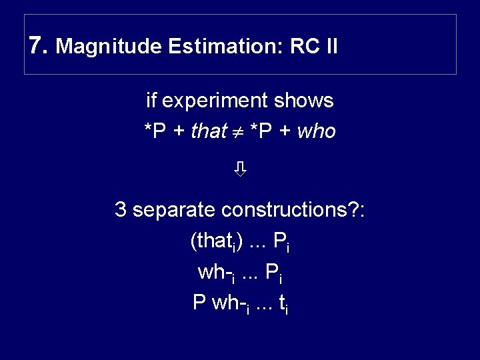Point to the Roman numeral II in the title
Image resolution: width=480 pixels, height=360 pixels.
pyautogui.click(x=331, y=47)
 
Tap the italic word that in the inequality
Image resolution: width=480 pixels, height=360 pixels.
pyautogui.click(x=209, y=132)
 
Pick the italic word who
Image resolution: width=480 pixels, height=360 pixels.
pyautogui.click(x=317, y=132)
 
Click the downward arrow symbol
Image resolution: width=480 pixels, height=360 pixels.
pyautogui.click(x=240, y=171)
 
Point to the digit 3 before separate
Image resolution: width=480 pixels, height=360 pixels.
pyautogui.click(x=121, y=210)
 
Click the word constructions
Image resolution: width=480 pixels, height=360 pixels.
pyautogui.click(x=289, y=210)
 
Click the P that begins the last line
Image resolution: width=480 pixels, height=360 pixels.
pyautogui.click(x=199, y=303)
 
